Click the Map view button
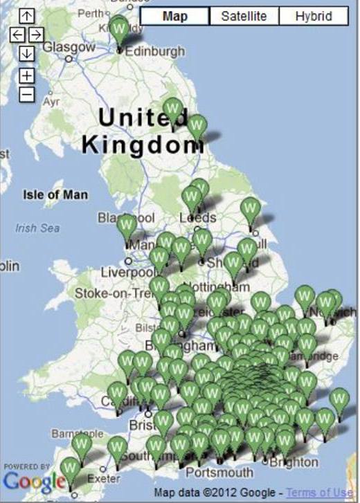click(174, 17)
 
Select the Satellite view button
click(244, 17)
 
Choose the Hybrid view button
click(313, 17)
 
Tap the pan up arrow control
click(26, 16)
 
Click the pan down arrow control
click(26, 53)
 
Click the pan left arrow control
click(17, 35)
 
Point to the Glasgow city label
click(69, 48)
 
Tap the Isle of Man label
click(55, 195)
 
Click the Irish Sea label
click(37, 228)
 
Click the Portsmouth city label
click(221, 473)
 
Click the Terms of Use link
click(320, 493)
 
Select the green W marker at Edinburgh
click(120, 30)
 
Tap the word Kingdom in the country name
click(143, 145)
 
